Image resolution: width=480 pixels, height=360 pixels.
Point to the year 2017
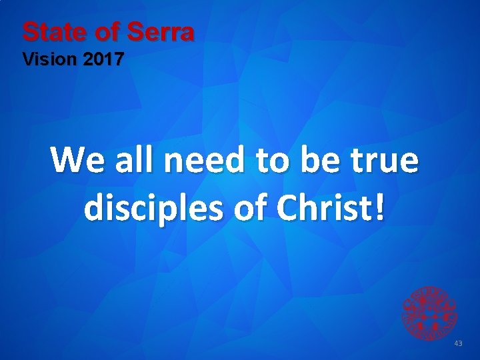point(104,60)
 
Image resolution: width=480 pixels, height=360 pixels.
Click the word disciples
point(151,209)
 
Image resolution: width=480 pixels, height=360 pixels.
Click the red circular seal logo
point(429,312)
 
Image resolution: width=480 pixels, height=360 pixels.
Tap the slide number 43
point(457,343)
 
